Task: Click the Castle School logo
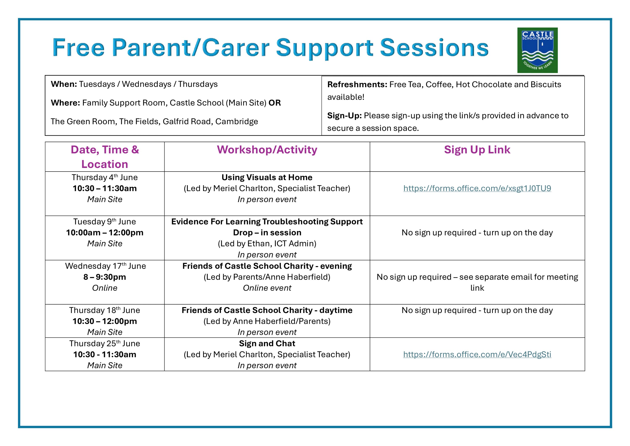[537, 50]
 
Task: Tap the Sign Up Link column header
[477, 150]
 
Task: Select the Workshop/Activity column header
[267, 150]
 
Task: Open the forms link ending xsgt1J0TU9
[477, 188]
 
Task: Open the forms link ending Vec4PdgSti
[477, 355]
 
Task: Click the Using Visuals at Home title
[267, 177]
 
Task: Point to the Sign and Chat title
[267, 344]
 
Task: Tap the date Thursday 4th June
[105, 177]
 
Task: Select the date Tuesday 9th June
[105, 222]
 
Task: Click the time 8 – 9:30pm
[105, 277]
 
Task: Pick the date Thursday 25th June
[105, 344]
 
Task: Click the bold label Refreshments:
[357, 84]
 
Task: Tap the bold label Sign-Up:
[344, 116]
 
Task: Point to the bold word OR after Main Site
[274, 103]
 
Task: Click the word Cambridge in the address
[236, 121]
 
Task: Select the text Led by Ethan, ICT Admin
[267, 244]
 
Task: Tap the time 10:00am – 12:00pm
[105, 233]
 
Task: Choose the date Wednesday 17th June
[105, 266]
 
